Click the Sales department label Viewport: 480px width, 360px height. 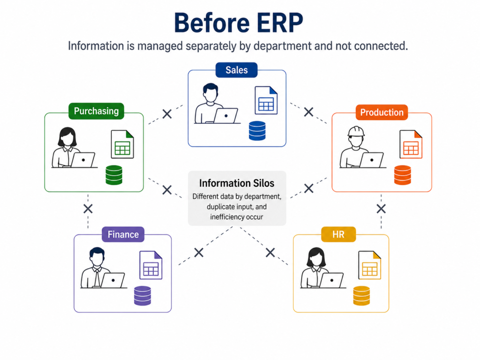236,70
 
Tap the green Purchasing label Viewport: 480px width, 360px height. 96,111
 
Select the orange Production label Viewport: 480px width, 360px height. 382,112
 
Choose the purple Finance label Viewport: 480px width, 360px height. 123,234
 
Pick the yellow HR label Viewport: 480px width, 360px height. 338,234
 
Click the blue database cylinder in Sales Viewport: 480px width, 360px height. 257,131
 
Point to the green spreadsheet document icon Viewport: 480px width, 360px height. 122,144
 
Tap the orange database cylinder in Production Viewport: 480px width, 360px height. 403,175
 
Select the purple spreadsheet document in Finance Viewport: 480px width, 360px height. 151,265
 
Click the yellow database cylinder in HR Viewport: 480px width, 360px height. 361,296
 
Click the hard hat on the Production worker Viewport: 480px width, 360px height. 356,132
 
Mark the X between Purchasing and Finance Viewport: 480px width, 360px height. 88,209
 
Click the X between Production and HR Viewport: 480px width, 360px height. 381,209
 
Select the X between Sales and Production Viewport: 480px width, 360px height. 308,112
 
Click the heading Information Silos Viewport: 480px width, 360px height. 237,183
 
